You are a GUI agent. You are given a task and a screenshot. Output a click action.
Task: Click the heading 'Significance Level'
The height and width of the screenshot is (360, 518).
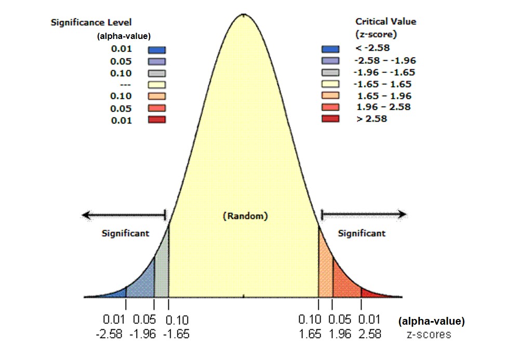[91, 22]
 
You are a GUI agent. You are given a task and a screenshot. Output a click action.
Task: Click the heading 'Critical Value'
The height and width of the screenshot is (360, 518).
[386, 21]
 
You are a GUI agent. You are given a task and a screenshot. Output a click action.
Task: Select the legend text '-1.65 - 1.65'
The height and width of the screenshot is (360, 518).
[382, 84]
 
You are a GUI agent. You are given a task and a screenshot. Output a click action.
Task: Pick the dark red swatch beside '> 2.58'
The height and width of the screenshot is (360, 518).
[330, 119]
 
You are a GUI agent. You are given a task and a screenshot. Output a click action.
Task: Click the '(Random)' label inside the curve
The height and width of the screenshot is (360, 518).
[245, 216]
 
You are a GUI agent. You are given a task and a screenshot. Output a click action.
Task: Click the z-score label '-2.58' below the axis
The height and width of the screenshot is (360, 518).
[109, 334]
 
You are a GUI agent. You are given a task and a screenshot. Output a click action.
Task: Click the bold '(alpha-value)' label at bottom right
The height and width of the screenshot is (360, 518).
[431, 322]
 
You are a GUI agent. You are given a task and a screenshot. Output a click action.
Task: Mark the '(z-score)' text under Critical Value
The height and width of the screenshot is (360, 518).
[377, 35]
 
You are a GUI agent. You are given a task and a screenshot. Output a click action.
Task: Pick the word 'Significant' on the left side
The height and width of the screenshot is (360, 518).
[125, 233]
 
